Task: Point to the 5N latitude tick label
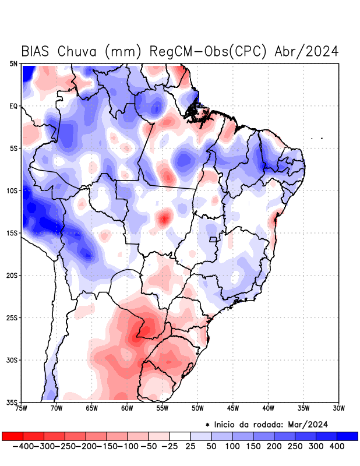click(13, 63)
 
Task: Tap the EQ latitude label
click(13, 106)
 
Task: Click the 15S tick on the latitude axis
click(12, 233)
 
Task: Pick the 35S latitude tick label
click(12, 402)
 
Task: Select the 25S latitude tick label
click(12, 317)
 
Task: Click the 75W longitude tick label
click(22, 408)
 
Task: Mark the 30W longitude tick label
click(338, 408)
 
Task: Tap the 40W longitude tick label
click(268, 408)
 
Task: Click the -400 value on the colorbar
click(23, 446)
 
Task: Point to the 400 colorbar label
click(336, 446)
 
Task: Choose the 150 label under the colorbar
click(252, 446)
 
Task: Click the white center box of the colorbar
click(180, 436)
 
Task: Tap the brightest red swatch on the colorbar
click(12, 436)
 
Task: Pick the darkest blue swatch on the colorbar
click(347, 436)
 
